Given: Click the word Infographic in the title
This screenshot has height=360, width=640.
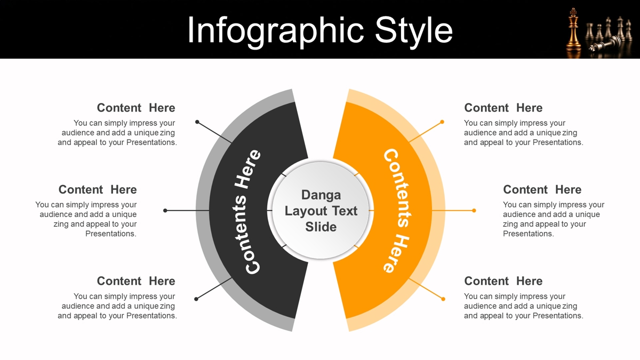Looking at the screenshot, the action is (275, 31).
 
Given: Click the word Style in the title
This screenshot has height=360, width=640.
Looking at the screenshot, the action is (414, 31).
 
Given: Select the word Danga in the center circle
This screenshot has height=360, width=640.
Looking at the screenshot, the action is (321, 195).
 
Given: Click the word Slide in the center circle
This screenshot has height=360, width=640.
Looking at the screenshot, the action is (321, 227).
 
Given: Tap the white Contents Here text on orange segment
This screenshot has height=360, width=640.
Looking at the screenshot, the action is (397, 211).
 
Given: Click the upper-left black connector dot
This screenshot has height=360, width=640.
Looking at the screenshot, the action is (197, 122).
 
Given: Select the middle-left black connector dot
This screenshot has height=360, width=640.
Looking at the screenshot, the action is (165, 211).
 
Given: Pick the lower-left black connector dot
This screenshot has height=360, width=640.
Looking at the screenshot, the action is (196, 299).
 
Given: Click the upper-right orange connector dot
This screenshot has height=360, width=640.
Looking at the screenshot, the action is (442, 122).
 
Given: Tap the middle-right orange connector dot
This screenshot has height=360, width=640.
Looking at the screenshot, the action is (474, 211).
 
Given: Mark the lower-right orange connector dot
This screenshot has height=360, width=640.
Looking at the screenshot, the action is (443, 299).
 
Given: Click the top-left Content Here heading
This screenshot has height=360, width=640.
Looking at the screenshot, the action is (136, 108).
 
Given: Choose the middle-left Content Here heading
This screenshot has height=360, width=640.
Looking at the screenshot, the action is (98, 190).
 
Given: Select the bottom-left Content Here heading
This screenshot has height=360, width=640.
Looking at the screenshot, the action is (136, 281).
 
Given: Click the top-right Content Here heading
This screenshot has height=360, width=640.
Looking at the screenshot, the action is (503, 108).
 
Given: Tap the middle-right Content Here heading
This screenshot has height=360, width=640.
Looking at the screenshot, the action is (542, 190).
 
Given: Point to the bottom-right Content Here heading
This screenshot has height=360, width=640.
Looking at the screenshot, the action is (503, 281).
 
